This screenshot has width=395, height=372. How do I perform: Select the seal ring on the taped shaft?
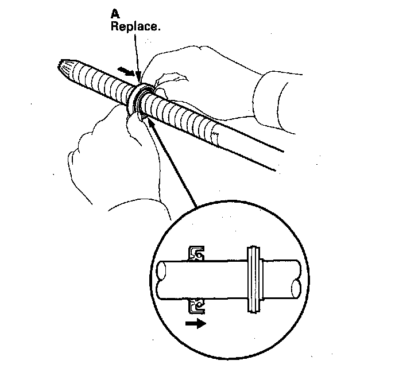point(140,98)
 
